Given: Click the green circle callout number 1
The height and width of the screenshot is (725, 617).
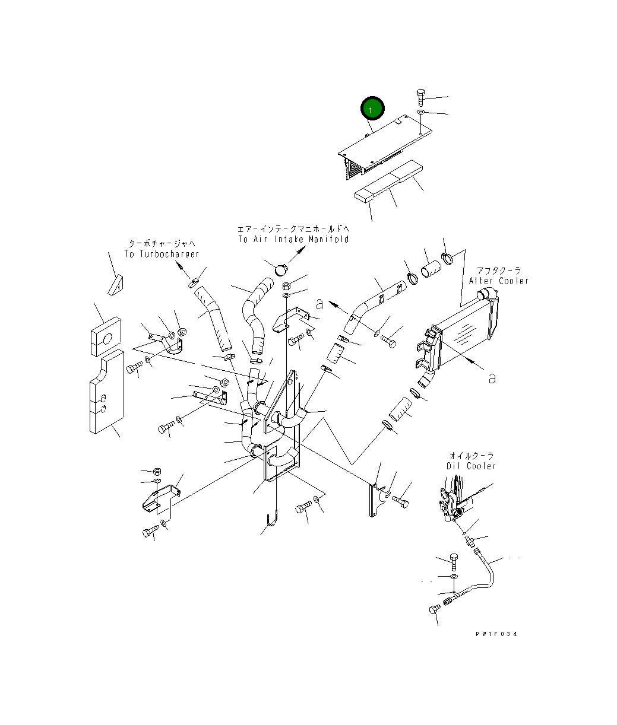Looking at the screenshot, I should click(x=372, y=110).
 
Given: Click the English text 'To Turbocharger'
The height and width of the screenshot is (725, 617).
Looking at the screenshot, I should click(x=161, y=254).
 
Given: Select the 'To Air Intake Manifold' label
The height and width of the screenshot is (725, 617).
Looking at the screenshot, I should click(x=293, y=239).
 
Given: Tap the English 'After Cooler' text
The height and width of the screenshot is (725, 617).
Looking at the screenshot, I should click(x=498, y=281).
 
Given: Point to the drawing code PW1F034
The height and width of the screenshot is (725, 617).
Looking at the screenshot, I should click(x=496, y=634).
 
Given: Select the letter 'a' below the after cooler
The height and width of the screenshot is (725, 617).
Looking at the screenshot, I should click(x=491, y=378).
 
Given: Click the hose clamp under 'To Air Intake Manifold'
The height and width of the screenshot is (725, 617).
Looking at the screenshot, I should click(x=280, y=270).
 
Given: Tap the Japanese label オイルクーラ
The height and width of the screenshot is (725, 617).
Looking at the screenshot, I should click(x=472, y=456).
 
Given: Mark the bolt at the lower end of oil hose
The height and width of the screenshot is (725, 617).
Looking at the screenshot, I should click(x=434, y=609).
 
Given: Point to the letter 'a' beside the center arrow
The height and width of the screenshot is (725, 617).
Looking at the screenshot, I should click(x=320, y=304).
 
